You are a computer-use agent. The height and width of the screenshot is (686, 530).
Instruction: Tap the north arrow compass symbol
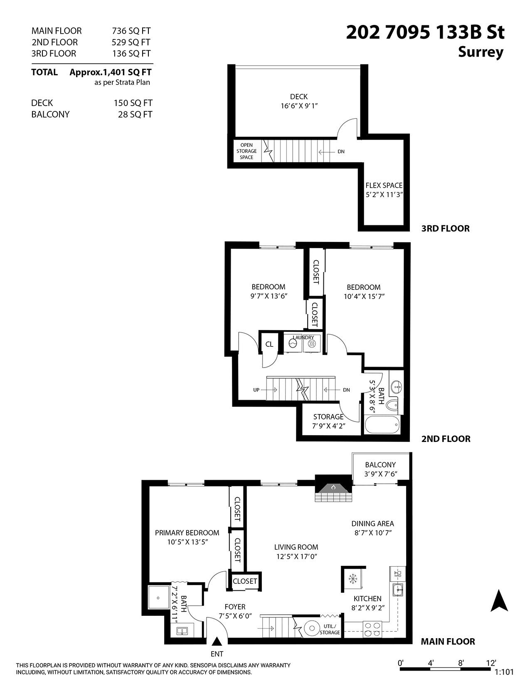click(499, 601)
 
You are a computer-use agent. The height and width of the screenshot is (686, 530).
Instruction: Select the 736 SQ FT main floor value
click(131, 31)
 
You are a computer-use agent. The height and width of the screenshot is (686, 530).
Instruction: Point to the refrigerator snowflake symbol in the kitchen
click(353, 578)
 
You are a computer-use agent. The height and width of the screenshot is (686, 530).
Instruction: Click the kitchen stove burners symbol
click(372, 629)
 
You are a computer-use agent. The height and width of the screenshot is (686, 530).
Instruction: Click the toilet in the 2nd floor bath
click(392, 404)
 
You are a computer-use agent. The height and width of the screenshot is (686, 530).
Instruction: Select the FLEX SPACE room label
click(384, 185)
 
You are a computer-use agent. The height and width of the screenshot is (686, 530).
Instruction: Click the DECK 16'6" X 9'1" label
click(299, 101)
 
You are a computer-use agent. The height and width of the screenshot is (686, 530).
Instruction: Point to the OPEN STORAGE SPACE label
click(247, 151)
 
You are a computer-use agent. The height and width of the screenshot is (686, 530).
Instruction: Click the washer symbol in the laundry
click(293, 344)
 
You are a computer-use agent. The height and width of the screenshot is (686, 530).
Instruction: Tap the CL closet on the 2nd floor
click(269, 344)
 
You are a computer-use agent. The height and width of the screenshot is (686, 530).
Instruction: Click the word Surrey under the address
click(481, 52)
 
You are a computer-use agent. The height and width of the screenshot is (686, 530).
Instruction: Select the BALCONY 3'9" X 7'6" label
click(380, 469)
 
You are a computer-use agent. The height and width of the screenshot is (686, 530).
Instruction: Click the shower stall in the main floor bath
click(158, 598)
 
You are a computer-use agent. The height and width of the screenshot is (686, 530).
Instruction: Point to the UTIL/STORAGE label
click(330, 629)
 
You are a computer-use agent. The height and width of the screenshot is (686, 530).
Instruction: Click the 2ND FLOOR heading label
click(446, 439)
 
